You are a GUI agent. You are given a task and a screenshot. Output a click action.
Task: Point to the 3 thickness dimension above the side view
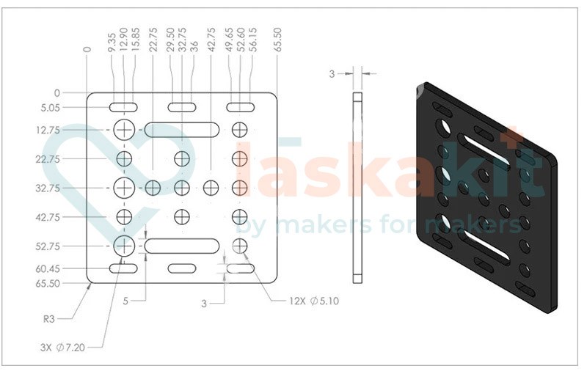tap(332, 73)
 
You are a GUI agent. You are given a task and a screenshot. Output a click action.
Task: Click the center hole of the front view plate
tap(182, 188)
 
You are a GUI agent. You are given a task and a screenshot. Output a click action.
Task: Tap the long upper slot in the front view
tap(182, 130)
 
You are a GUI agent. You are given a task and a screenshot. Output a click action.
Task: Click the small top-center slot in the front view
tap(182, 108)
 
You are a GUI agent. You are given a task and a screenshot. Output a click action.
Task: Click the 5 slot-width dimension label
tap(125, 301)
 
